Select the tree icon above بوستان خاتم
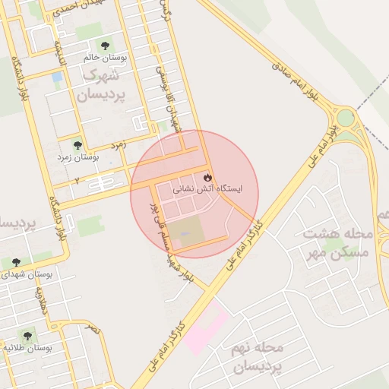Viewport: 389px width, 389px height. point(105,43)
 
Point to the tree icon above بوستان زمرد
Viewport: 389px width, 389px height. point(77,144)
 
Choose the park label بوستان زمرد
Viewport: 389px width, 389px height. point(78,157)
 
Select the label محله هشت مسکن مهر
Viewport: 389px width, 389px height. point(336,242)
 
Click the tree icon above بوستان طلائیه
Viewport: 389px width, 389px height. point(28,335)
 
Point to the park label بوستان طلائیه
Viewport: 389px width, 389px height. point(28,348)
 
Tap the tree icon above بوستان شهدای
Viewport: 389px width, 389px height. point(16,263)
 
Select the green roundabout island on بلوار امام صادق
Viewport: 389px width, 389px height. point(346,119)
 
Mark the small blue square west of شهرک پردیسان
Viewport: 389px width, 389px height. point(57,77)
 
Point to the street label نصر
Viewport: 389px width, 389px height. point(93,327)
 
